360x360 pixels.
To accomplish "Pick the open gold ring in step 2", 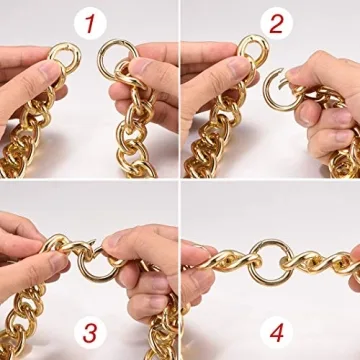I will pos(277,92).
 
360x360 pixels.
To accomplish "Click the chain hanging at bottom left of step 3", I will pos(25,320).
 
